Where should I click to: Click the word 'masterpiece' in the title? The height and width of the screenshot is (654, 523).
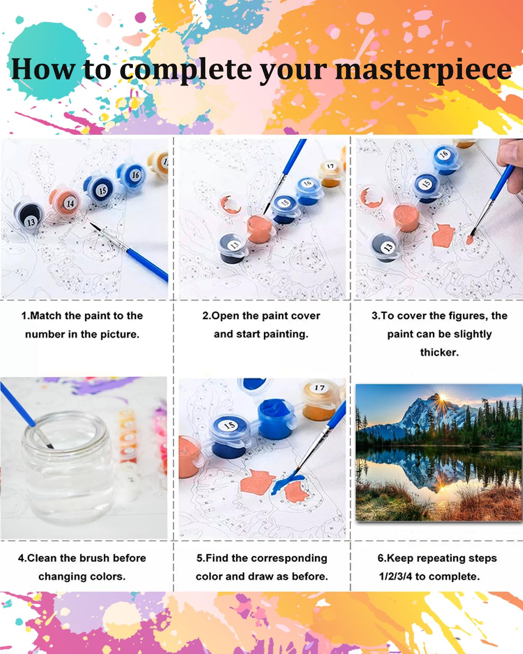pos(423,70)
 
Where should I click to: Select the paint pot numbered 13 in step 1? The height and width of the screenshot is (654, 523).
pos(30,218)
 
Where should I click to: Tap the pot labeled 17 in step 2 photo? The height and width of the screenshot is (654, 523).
pos(330,171)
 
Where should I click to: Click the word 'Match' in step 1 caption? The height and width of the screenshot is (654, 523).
pos(46,316)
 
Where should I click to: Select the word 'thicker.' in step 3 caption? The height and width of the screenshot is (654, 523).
pos(439,352)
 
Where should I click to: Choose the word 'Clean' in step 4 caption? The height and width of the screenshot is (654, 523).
pos(42,558)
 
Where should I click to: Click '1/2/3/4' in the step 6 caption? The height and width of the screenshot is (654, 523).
pos(395,576)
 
